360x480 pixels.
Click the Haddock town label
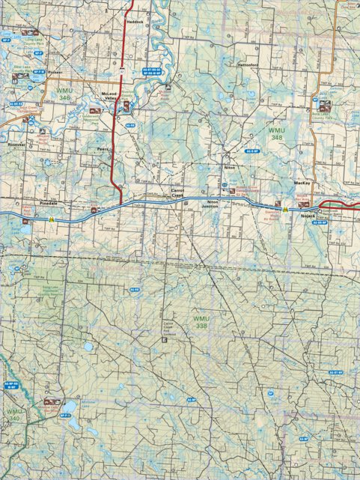point(135,22)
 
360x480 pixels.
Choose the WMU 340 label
point(14,415)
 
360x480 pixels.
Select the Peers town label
point(103,148)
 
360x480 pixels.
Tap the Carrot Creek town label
point(177,193)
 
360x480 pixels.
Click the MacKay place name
point(302,182)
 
